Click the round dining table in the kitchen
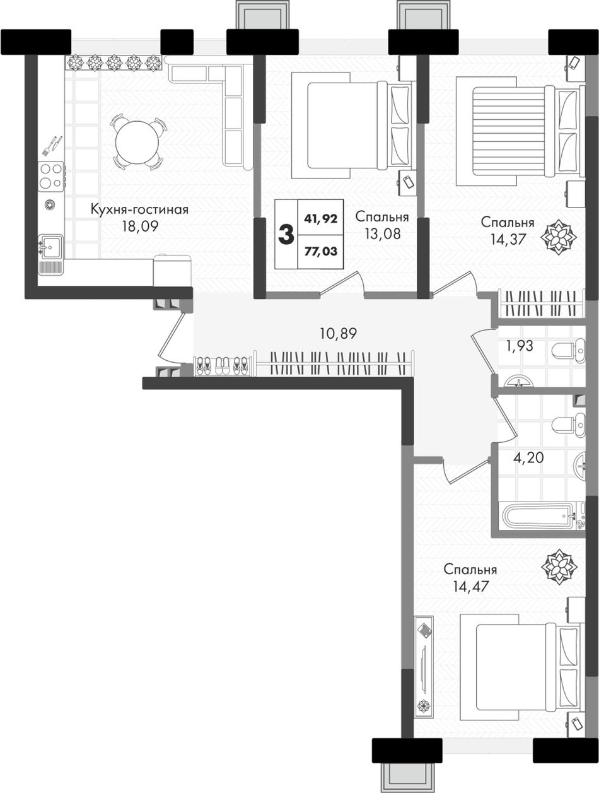point(137,143)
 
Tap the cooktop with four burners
point(51,176)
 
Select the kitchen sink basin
point(51,247)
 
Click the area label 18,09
point(140,226)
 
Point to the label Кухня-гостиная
point(139,209)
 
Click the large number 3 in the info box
point(286,235)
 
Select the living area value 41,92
point(320,218)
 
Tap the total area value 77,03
point(320,251)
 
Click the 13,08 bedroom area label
point(382,234)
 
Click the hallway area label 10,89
point(339,334)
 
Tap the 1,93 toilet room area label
point(520,346)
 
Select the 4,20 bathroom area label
point(528,458)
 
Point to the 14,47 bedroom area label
point(471,586)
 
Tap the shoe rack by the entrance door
point(223,366)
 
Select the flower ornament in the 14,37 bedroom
point(558,237)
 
